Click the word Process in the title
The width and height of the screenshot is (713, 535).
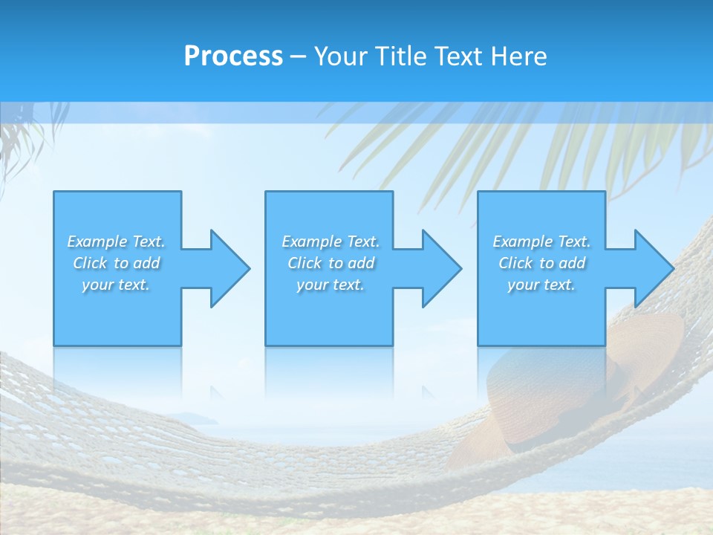tap(233, 56)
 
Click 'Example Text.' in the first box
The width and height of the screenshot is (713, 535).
tap(116, 241)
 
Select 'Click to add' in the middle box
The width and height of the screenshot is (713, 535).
tap(331, 263)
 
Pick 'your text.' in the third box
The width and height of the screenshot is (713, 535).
tap(541, 285)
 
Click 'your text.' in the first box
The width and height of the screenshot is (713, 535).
tap(116, 285)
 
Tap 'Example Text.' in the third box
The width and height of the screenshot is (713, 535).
tap(541, 241)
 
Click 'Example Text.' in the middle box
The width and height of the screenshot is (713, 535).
tap(331, 241)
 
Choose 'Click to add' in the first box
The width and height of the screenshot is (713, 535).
tap(116, 263)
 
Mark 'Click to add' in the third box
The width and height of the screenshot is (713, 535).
tap(541, 263)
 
